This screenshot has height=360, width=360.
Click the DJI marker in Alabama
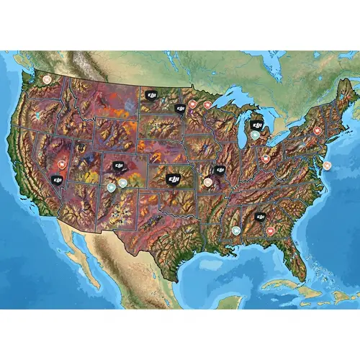click(x=261, y=217)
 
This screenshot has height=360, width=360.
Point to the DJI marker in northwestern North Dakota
click(x=151, y=94)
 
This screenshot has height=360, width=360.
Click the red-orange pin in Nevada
click(x=62, y=164)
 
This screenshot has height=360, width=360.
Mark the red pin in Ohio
click(x=266, y=158)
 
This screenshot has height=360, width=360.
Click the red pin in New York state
click(x=318, y=130)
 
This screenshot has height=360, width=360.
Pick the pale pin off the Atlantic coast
click(x=328, y=165)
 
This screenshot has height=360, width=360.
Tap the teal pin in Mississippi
click(x=236, y=230)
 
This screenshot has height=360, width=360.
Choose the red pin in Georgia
click(x=271, y=230)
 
